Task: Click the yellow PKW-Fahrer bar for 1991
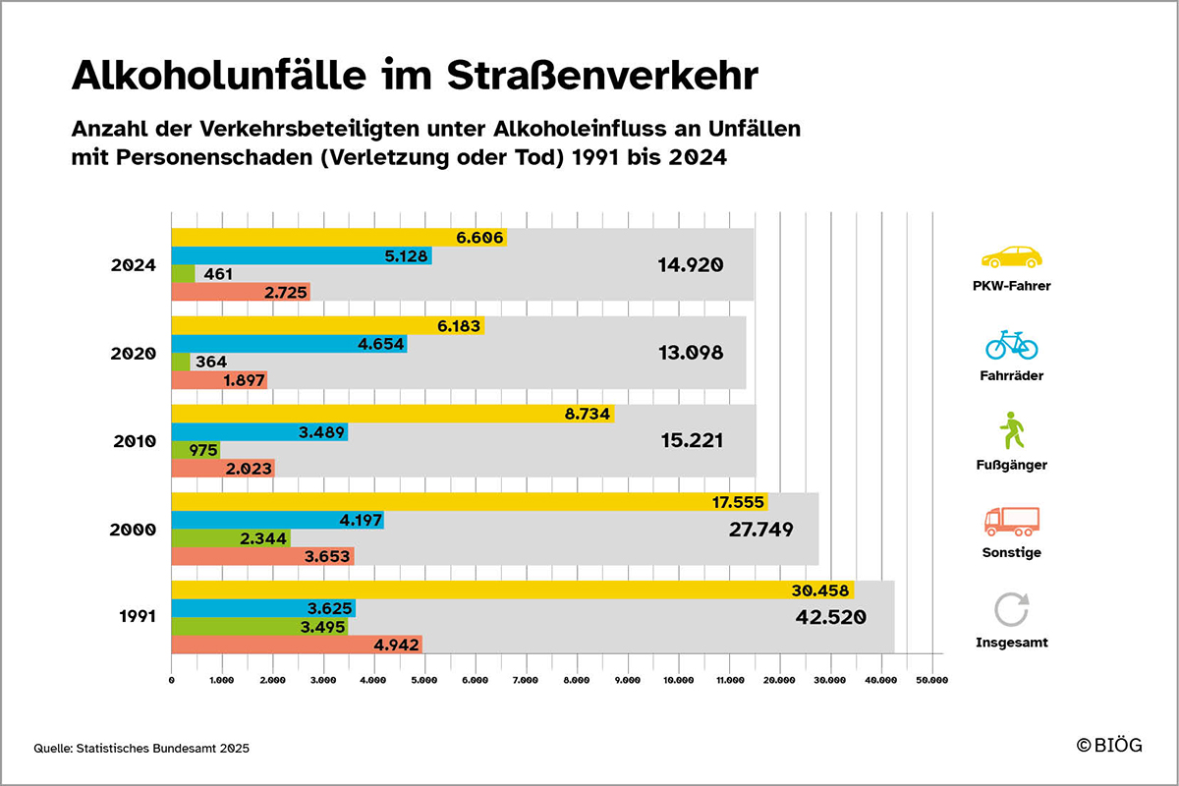pos(511,590)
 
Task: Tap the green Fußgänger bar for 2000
pos(231,538)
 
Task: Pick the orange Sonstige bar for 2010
pos(223,469)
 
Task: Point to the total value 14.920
pos(690,264)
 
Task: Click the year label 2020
pos(134,354)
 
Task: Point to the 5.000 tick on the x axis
pos(424,679)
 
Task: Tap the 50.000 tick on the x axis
pos(930,679)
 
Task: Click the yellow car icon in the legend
pos(1012,257)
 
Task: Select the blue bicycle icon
pos(1012,345)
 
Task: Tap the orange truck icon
pos(1012,521)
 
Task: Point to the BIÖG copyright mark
pos(1109,746)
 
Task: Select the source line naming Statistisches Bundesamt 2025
pos(141,749)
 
